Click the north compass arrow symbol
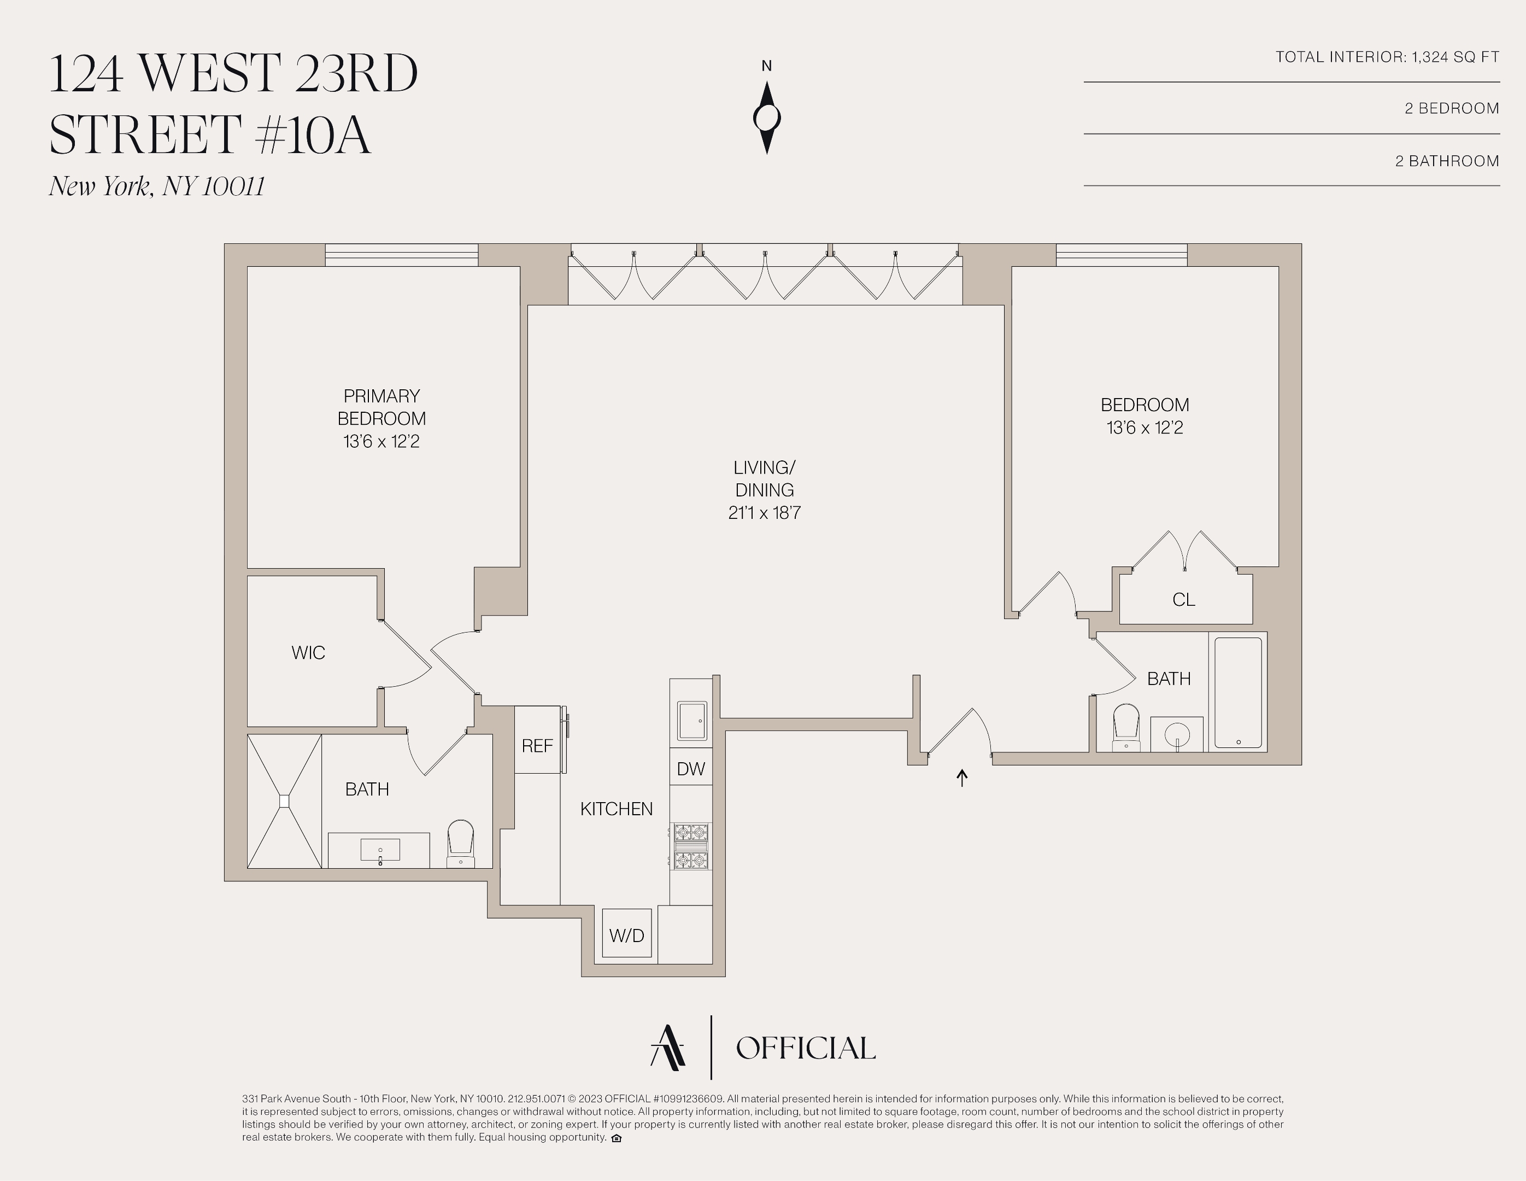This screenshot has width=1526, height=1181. [766, 118]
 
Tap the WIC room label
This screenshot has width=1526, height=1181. [308, 653]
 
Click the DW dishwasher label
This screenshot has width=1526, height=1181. [690, 769]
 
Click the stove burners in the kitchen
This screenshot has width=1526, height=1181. [691, 846]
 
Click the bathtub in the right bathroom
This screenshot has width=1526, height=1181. [1238, 692]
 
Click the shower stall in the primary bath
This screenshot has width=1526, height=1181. [284, 801]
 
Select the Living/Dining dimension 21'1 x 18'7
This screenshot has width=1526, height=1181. [765, 513]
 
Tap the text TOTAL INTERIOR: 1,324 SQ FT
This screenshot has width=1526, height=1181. [1387, 57]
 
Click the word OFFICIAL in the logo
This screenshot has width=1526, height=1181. [805, 1048]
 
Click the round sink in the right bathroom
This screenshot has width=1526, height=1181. [1177, 734]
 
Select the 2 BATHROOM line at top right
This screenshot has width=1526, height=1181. [1447, 161]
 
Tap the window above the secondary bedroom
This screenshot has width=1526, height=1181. [1122, 255]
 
